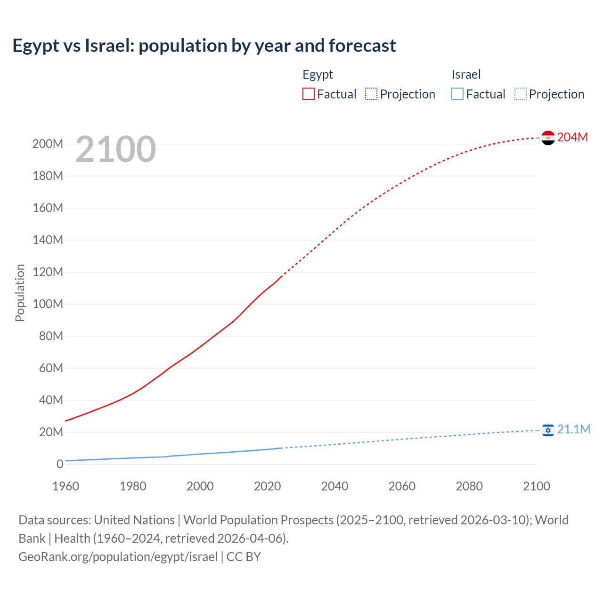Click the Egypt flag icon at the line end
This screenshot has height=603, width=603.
click(548, 138)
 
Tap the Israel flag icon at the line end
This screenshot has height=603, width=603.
click(548, 430)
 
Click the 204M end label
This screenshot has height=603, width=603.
click(572, 137)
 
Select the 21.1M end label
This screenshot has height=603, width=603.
click(573, 429)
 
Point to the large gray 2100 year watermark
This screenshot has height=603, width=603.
click(115, 149)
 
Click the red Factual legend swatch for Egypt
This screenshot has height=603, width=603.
click(309, 94)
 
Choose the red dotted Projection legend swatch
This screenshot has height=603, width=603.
click(371, 94)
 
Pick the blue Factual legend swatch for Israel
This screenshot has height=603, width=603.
click(457, 94)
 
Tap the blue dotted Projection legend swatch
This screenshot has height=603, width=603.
click(521, 94)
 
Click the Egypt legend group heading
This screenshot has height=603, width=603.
click(318, 74)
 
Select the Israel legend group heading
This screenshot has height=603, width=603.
click(466, 74)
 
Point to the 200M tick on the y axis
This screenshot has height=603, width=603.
click(48, 144)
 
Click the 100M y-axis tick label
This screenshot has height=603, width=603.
click(48, 304)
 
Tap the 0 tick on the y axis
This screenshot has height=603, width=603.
click(60, 464)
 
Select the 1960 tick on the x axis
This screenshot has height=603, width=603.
click(65, 486)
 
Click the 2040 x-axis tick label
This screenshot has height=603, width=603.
click(334, 486)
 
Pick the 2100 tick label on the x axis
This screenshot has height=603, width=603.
click(536, 486)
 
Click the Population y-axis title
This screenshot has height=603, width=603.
click(20, 293)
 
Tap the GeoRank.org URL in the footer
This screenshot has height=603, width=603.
click(118, 557)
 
